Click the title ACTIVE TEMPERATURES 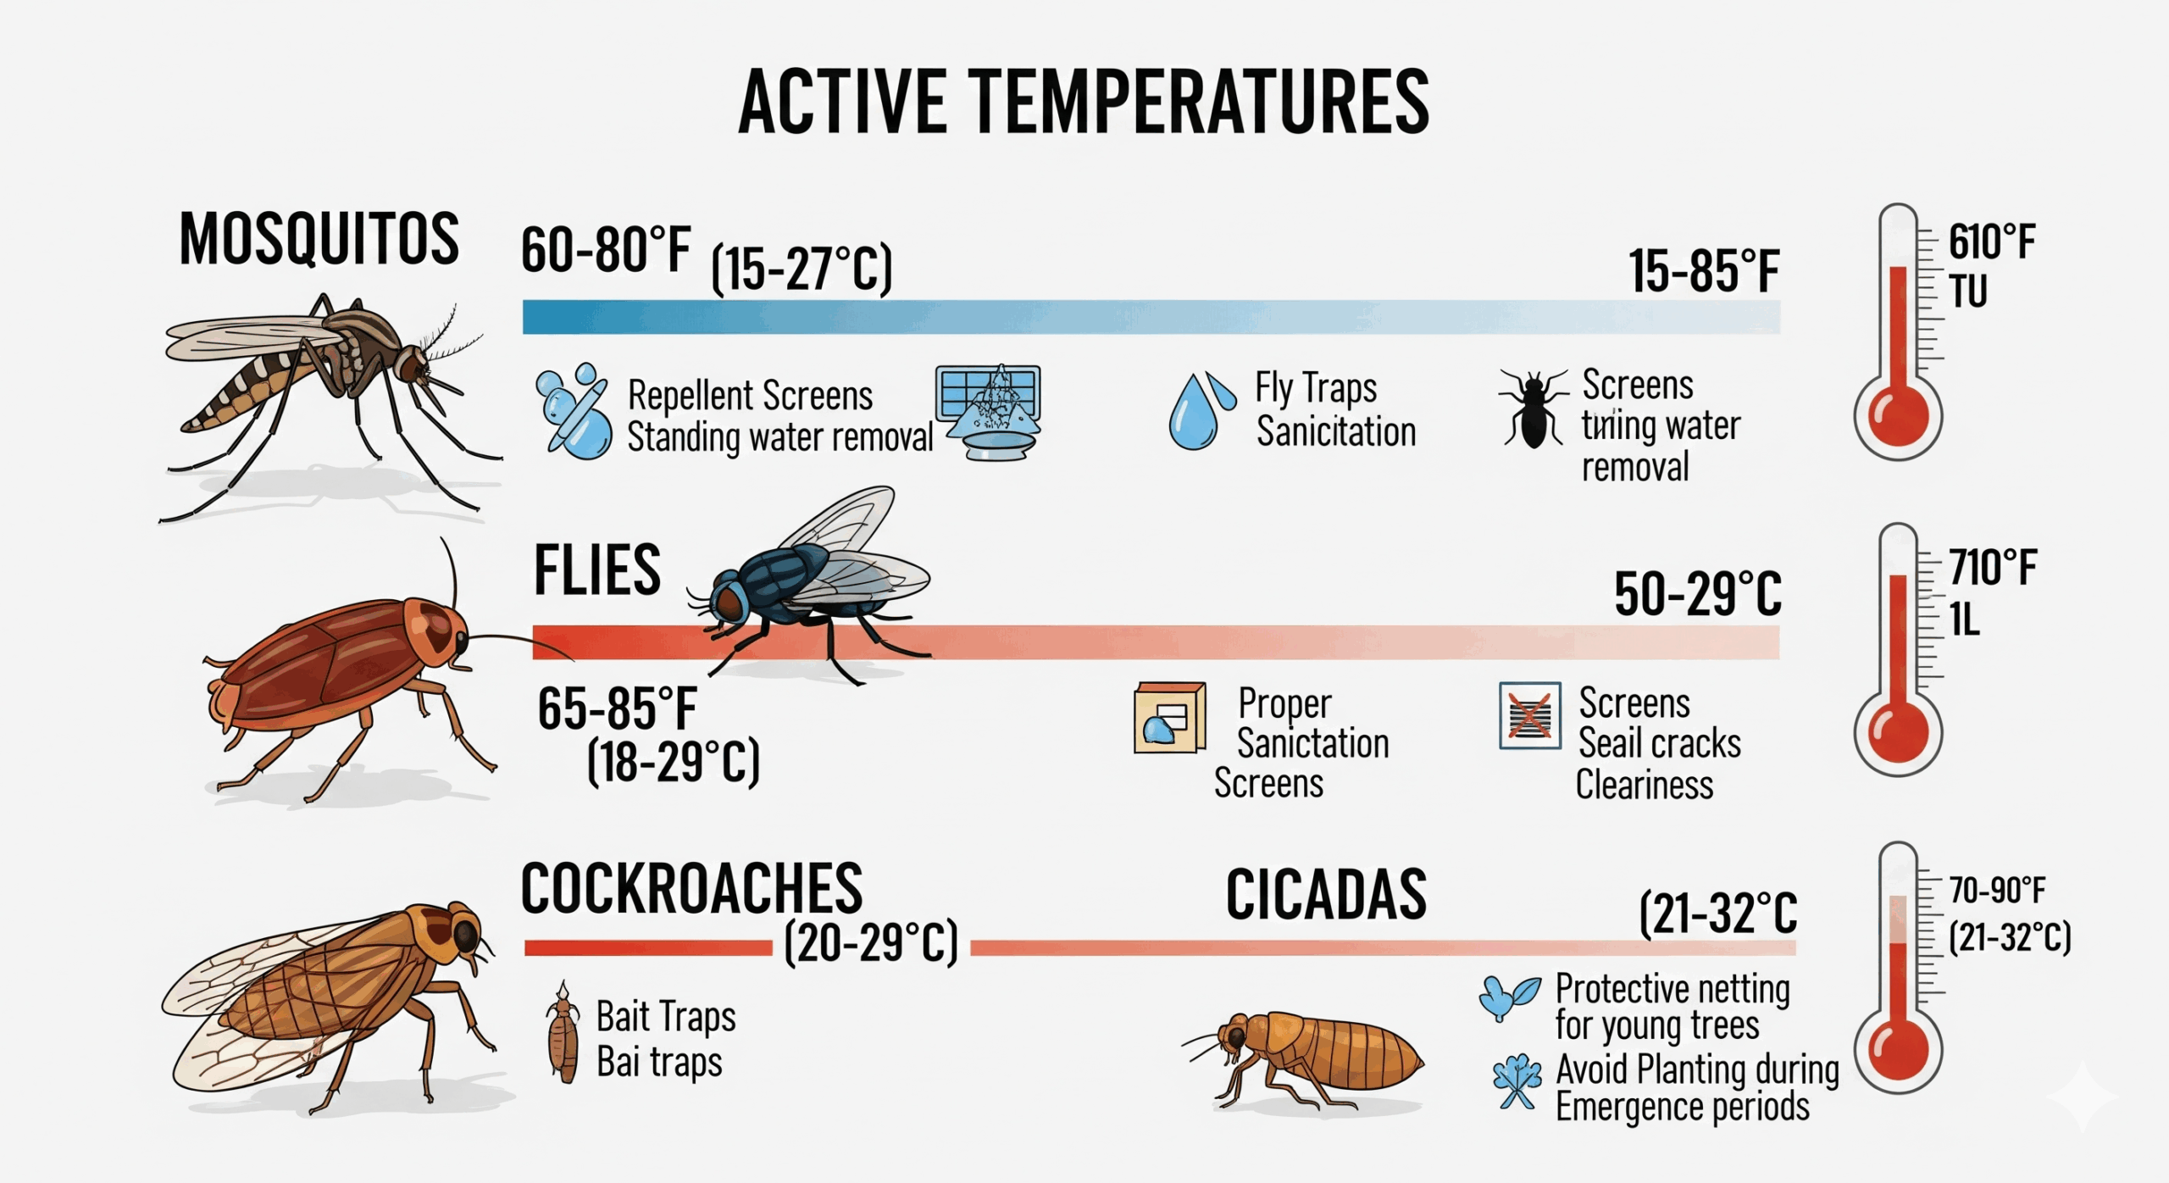click(1084, 102)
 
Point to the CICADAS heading click(1326, 894)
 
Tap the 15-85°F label click(1703, 271)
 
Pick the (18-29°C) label click(674, 762)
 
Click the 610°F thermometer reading click(1991, 242)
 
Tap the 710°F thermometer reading click(1993, 567)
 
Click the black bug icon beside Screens click(1533, 407)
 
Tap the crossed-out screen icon click(1529, 715)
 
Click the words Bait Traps click(666, 1016)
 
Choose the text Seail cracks click(1659, 743)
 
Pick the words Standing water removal click(779, 437)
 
